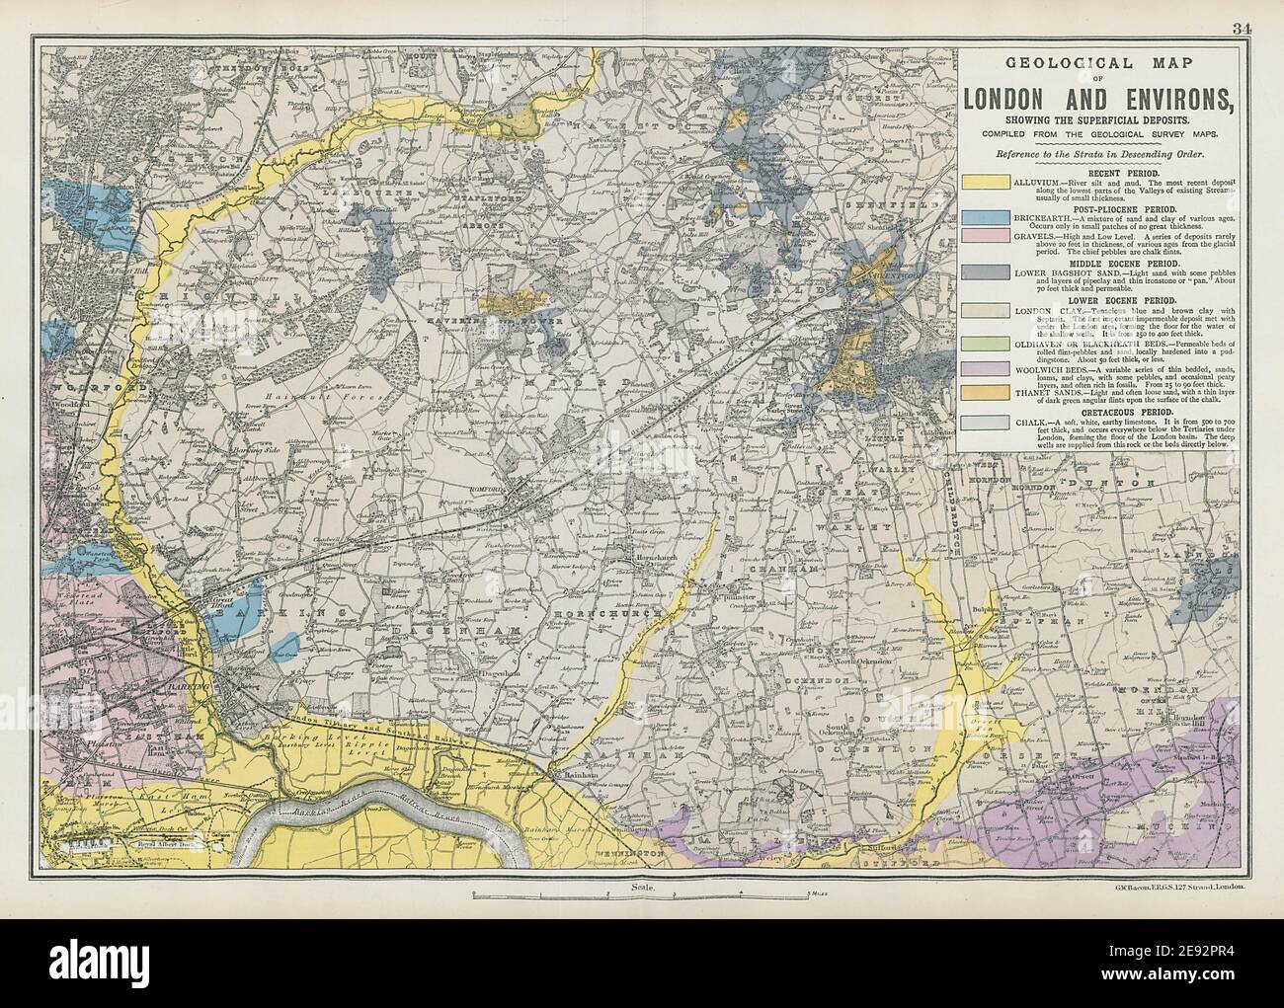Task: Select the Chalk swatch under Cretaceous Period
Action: pyautogui.click(x=985, y=425)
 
